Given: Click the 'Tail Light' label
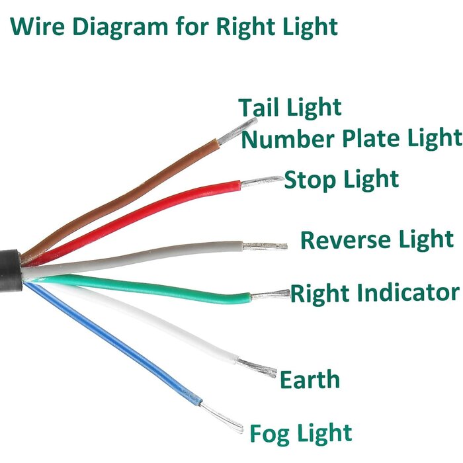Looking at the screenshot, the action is click(x=290, y=108).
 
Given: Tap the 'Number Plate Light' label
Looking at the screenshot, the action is click(x=351, y=139).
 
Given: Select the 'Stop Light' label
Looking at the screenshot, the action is click(x=341, y=180).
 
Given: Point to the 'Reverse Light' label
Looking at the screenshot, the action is click(x=377, y=240).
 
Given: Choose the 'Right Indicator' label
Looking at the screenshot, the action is click(x=375, y=294).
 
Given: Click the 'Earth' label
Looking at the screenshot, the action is click(x=310, y=380).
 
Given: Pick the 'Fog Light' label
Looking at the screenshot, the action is click(x=301, y=433).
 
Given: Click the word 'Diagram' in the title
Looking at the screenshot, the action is click(x=120, y=27).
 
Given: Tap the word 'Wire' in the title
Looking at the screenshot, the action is click(x=37, y=26).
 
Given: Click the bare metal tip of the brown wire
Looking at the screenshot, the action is click(x=237, y=131).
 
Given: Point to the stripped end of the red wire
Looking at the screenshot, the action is click(x=262, y=181).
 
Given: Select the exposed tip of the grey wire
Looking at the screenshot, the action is click(x=265, y=246).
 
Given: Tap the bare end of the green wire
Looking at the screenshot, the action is click(x=271, y=295).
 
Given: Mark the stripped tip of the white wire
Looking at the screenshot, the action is click(x=257, y=368).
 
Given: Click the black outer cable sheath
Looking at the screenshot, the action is click(x=11, y=271).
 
